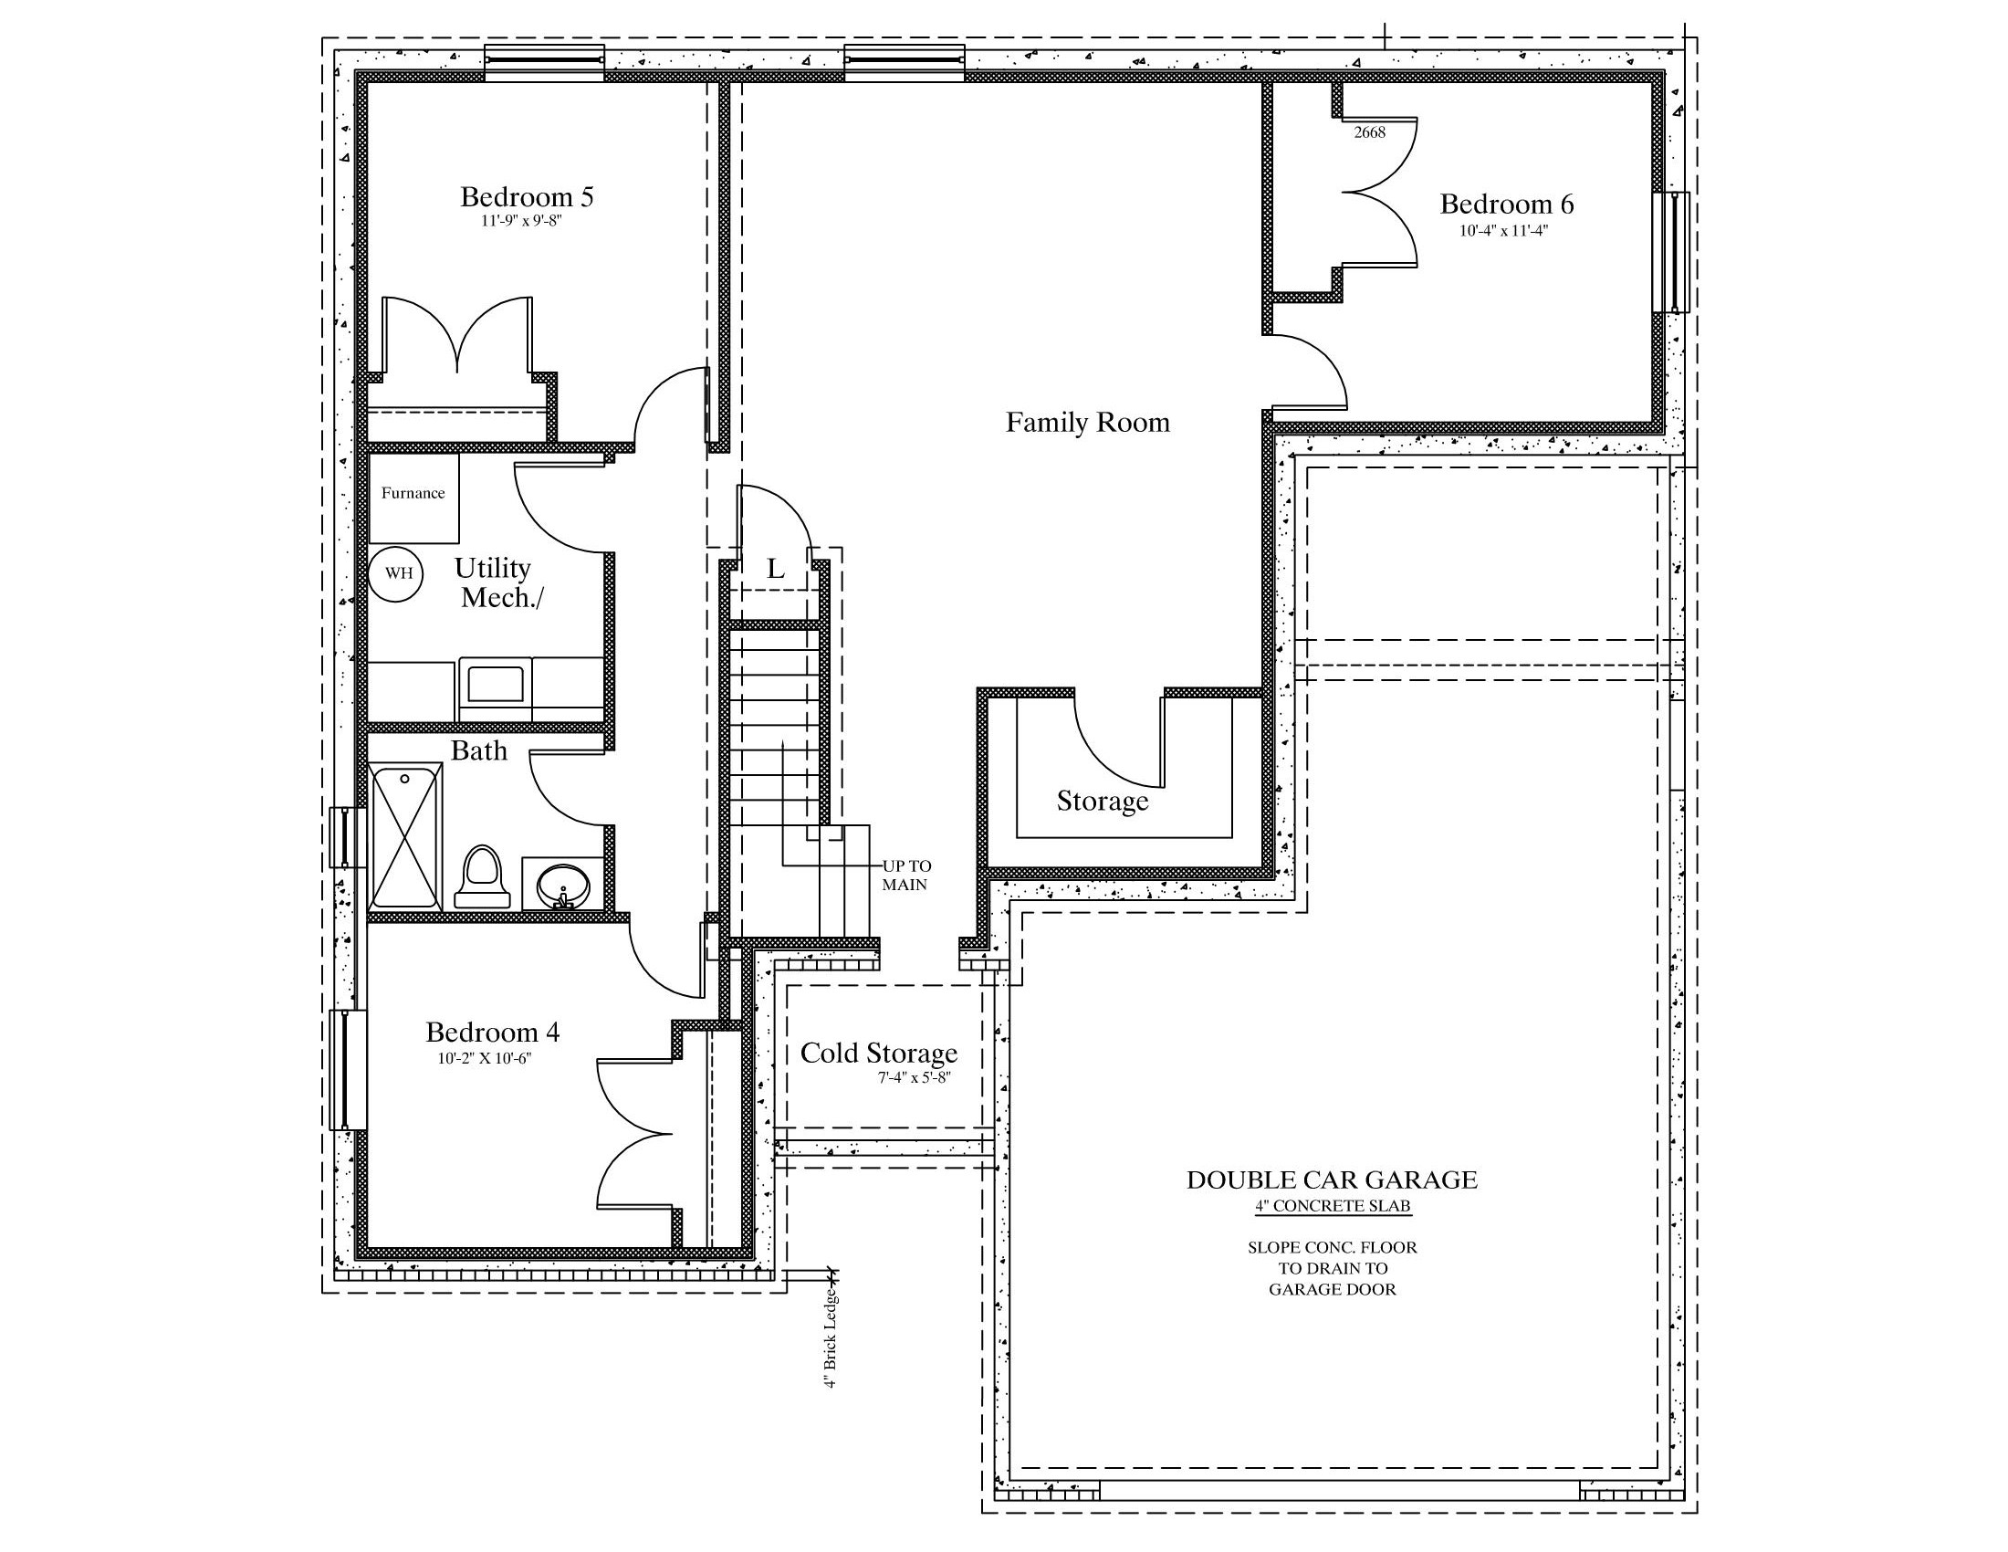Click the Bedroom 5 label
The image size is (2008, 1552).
pos(527,197)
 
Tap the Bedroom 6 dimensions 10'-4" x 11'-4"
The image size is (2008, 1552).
pos(1503,231)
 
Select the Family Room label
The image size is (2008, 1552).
pos(1088,422)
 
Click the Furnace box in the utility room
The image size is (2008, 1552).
pos(413,498)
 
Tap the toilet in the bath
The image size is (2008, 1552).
pos(483,877)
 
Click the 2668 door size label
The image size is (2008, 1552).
pos(1369,132)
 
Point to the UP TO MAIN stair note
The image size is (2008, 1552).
pos(906,876)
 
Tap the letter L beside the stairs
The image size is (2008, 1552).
pos(776,569)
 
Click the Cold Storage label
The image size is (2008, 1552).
pos(879,1053)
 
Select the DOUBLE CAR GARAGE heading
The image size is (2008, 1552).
pos(1333,1180)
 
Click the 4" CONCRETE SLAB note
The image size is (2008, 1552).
pos(1333,1206)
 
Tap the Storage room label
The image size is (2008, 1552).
pos(1103,801)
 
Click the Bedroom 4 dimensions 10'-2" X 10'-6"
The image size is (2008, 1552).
pos(485,1058)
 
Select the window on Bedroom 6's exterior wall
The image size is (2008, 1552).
pos(1670,252)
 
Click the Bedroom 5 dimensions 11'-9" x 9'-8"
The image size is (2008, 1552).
pos(521,221)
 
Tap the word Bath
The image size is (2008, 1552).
pos(479,750)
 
